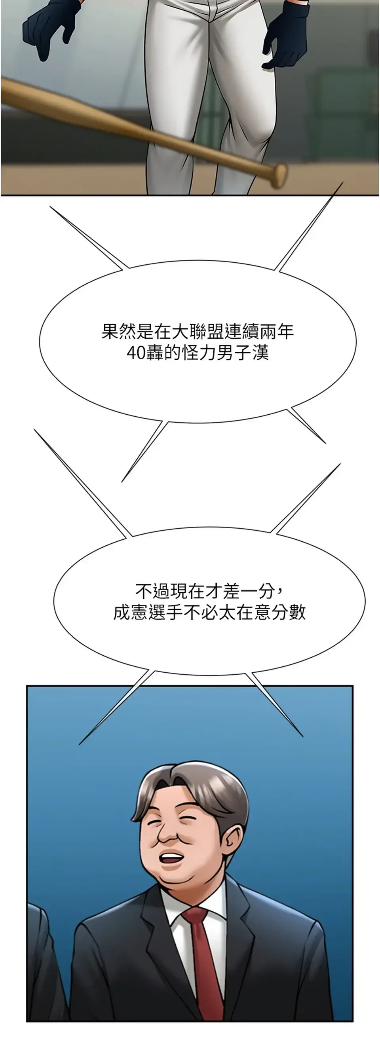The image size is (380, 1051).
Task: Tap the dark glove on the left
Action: [x=51, y=28]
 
